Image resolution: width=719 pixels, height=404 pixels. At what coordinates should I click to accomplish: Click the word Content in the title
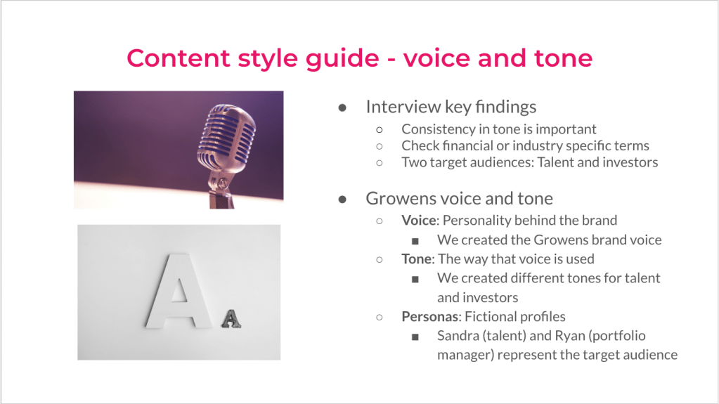(x=179, y=58)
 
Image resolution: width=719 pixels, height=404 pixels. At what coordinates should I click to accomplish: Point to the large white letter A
(x=179, y=291)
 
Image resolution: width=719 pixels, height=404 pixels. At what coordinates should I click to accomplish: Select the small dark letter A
(x=231, y=319)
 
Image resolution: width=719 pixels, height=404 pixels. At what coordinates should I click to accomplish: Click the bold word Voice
(x=419, y=221)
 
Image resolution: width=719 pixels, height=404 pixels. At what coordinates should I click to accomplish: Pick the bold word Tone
(x=416, y=259)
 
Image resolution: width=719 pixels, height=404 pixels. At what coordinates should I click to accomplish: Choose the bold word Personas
(x=429, y=317)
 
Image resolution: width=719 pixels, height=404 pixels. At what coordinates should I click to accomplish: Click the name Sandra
(x=458, y=336)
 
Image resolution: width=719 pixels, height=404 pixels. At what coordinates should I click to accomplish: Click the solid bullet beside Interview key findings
(x=342, y=108)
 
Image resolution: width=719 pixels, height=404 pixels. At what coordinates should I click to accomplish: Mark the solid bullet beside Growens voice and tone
(x=342, y=200)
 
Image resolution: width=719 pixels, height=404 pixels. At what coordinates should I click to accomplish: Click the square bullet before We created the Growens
(x=415, y=241)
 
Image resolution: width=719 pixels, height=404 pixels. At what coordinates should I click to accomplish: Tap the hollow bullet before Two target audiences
(x=380, y=163)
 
